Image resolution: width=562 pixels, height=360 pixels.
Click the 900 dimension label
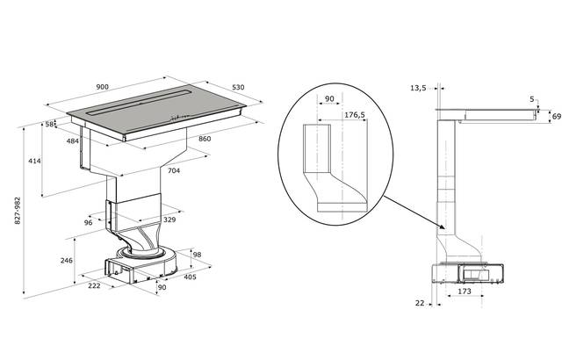(x=103, y=87)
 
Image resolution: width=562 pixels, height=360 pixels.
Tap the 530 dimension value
(x=238, y=87)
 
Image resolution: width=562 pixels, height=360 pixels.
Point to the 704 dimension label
(x=175, y=171)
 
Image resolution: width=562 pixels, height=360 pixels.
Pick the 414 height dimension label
(x=34, y=162)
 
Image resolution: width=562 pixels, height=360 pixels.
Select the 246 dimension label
(x=66, y=261)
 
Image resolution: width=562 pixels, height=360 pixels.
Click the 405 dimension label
(x=189, y=277)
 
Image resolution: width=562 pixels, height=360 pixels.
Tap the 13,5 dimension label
(x=418, y=88)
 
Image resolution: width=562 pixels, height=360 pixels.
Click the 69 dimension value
(x=554, y=115)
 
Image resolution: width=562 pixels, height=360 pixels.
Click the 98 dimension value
(x=198, y=255)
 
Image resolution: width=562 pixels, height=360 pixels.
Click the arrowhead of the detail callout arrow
(x=440, y=230)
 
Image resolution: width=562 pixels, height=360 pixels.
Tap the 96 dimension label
(x=88, y=223)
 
